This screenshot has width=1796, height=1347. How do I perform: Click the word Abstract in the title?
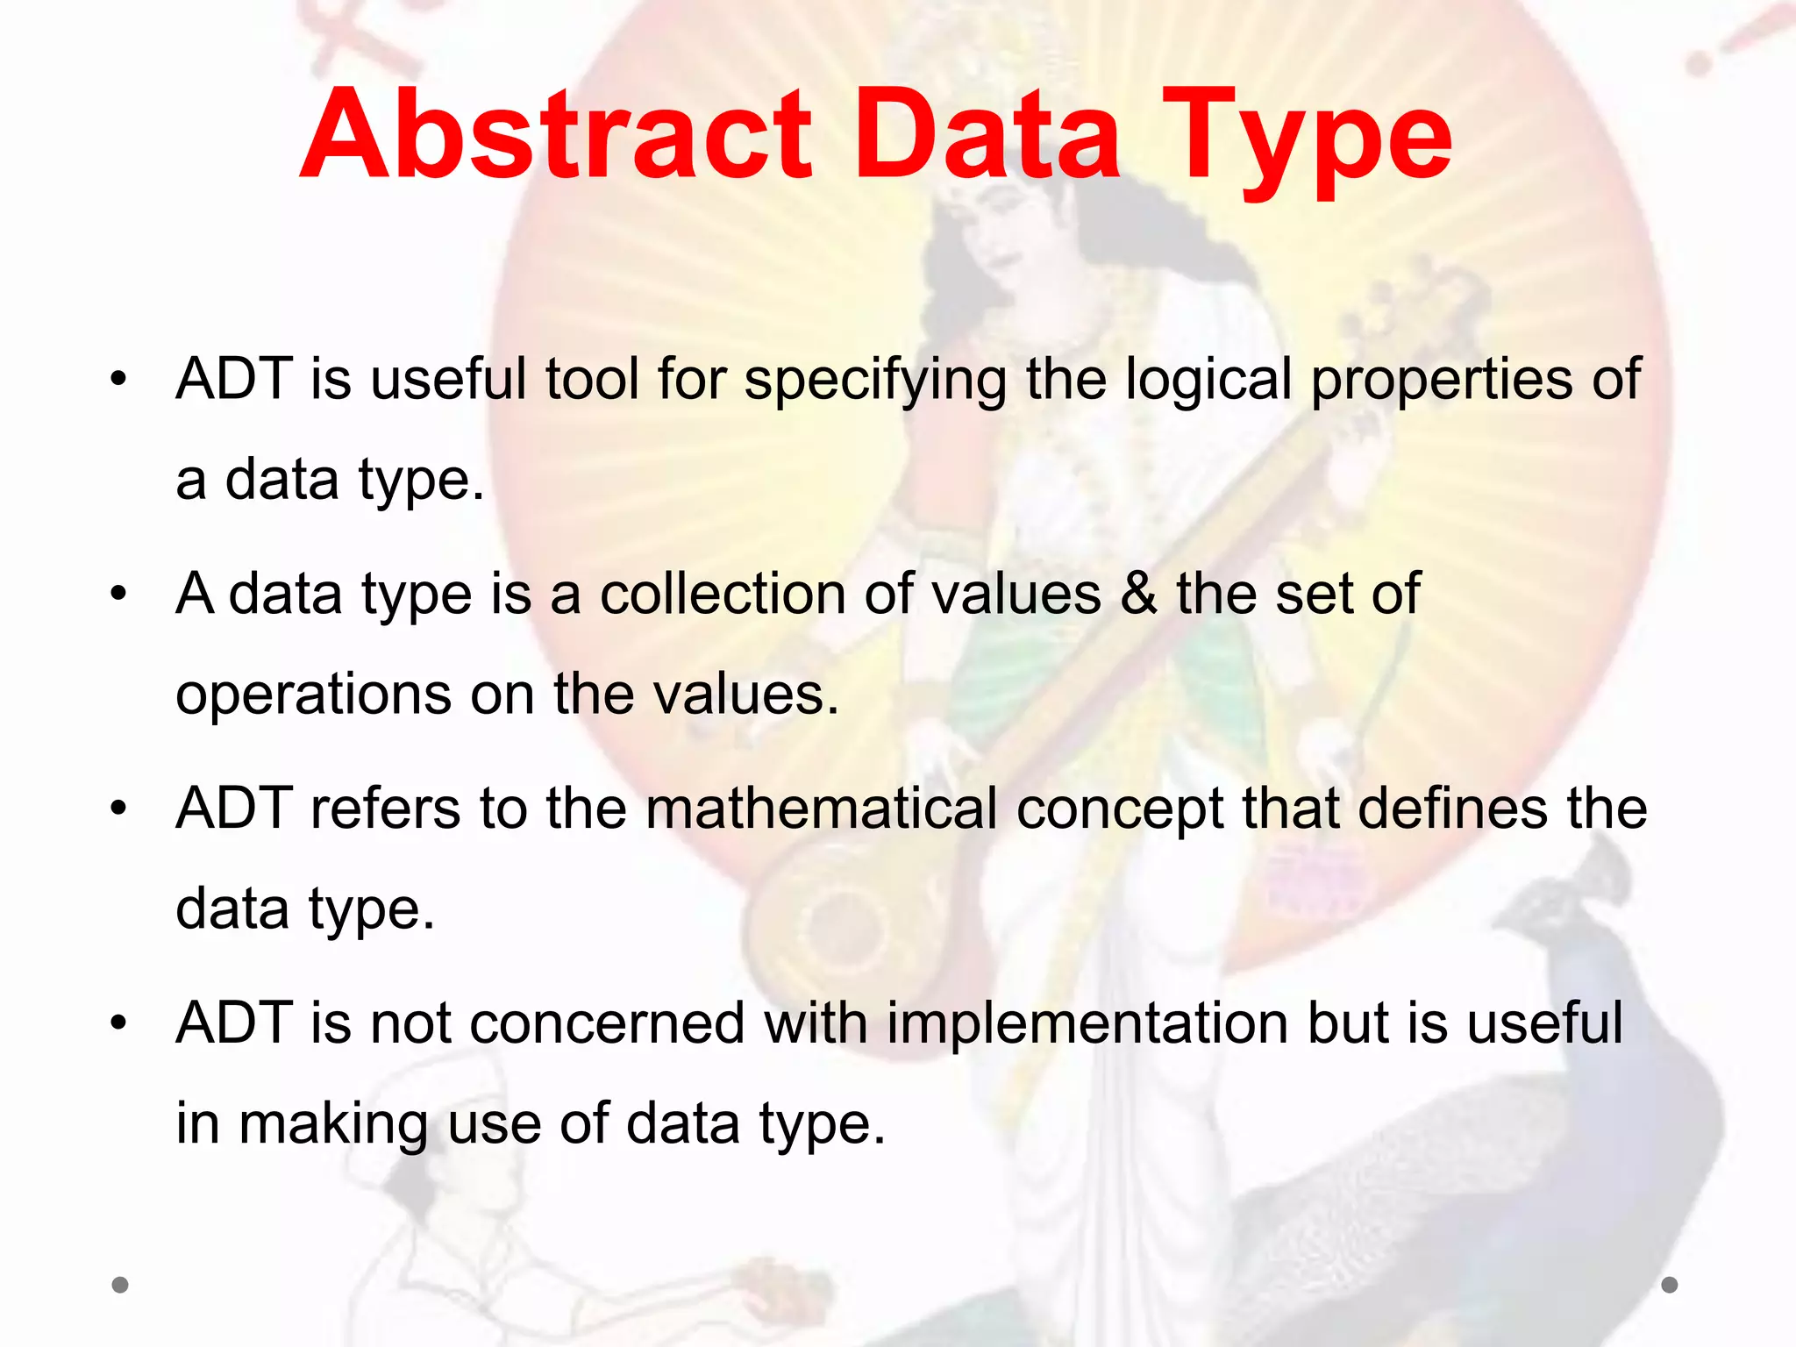pos(557,136)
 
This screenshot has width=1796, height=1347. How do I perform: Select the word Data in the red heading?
pos(987,136)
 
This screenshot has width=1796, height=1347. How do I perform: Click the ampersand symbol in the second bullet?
pos(1139,595)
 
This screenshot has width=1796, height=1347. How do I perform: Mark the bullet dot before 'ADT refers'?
pos(119,809)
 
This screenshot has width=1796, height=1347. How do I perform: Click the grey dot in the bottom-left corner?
pos(120,1285)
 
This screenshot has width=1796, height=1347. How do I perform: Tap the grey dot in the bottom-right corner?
pos(1670,1285)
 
